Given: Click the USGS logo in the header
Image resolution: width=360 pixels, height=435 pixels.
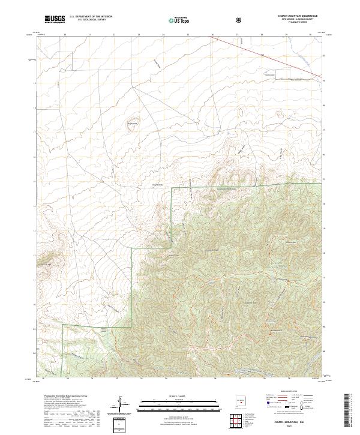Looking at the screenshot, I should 54,19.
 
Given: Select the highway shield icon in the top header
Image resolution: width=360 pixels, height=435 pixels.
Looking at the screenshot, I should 239,20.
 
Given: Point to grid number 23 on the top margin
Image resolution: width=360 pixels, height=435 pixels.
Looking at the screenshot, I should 139,35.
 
